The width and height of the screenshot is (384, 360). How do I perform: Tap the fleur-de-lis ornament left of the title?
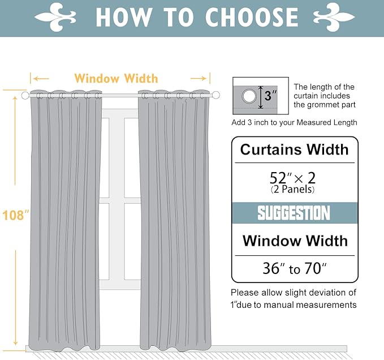tap(64, 17)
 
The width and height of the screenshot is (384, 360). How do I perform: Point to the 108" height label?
tap(15, 216)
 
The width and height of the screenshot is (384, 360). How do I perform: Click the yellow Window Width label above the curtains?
tap(116, 79)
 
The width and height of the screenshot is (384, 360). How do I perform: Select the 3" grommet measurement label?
tap(271, 96)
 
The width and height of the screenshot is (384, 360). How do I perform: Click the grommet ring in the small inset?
tap(248, 97)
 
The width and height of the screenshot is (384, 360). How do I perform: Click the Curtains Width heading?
tap(294, 150)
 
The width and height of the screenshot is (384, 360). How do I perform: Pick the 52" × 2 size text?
tap(294, 178)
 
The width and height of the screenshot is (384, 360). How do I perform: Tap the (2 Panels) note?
tap(294, 190)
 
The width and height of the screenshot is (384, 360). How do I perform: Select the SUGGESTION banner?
tap(294, 213)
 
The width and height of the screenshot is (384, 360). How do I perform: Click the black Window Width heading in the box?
tap(295, 241)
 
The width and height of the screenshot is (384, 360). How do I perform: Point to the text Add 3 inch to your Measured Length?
tap(294, 123)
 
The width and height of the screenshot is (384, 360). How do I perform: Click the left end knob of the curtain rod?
tap(25, 96)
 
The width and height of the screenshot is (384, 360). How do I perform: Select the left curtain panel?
tap(64, 221)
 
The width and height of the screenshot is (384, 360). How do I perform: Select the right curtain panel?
tap(174, 221)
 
